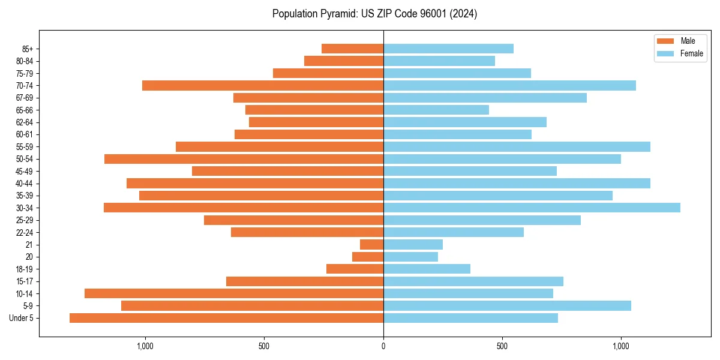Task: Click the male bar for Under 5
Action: click(226, 318)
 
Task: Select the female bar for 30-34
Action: click(532, 208)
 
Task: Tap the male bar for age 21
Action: click(371, 244)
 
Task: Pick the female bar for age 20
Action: click(410, 257)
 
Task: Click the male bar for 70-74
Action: click(263, 85)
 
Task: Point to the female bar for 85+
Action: click(448, 49)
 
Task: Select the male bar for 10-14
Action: click(234, 293)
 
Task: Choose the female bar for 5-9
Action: click(507, 305)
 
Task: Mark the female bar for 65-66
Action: click(436, 110)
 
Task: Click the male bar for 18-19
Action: click(355, 269)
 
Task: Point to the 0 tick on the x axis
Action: click(383, 346)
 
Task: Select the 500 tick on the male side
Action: click(264, 346)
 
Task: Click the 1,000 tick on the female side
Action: click(621, 346)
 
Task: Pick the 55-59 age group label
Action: click(25, 146)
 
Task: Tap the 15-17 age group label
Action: click(25, 281)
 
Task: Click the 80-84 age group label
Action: click(25, 61)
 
